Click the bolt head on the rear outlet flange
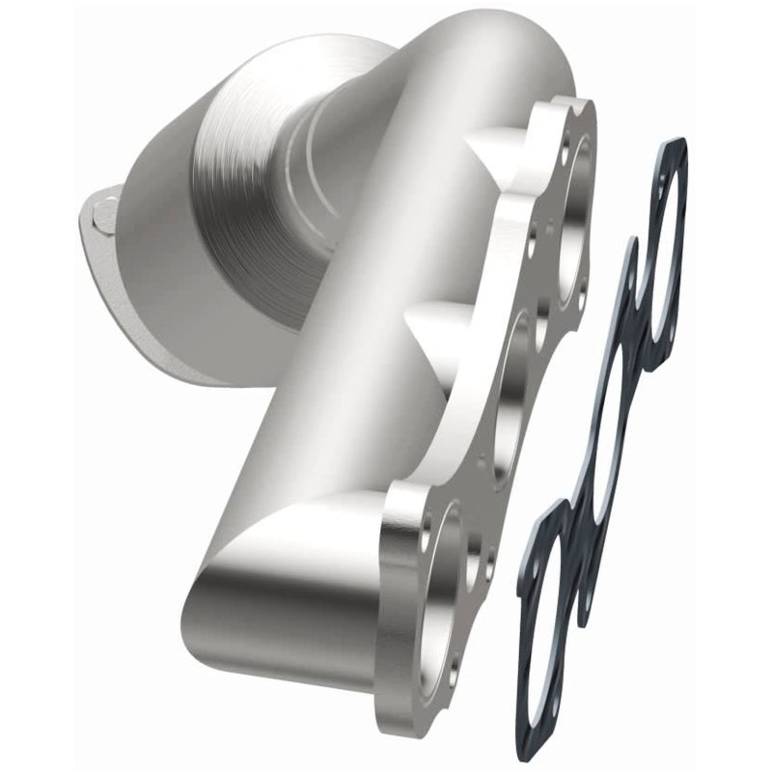coord(105,207)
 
